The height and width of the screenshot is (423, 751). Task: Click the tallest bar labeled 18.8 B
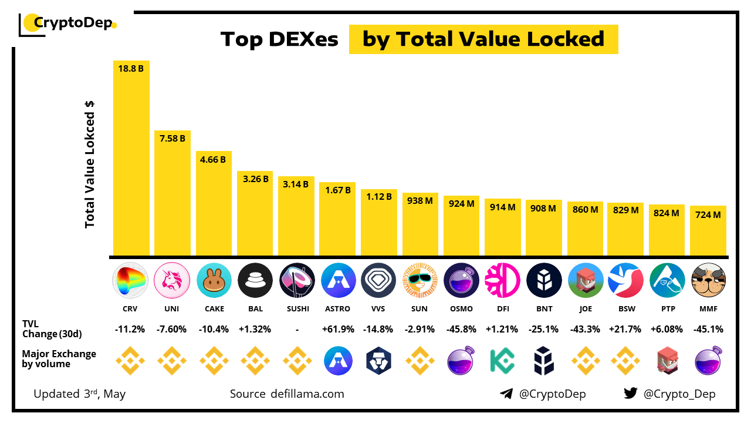coord(131,159)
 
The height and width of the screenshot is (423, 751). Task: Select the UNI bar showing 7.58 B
coord(172,194)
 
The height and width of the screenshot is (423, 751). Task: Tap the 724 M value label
coord(708,215)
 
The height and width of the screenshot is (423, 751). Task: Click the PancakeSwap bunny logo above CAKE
coord(214,280)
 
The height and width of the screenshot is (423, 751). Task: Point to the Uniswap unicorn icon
coord(172,280)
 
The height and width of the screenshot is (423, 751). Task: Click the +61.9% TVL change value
coord(338,330)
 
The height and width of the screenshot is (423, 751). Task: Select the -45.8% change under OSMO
coord(462,330)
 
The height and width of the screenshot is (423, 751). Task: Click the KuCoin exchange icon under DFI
coord(503,361)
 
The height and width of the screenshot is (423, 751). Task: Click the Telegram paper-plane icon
coord(506,394)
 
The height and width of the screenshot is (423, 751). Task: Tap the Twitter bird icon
coord(631,394)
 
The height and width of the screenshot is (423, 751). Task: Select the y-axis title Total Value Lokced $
coord(90,164)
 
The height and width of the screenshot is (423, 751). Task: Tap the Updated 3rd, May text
coord(80,394)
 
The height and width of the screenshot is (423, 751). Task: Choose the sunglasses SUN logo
coord(420,280)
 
